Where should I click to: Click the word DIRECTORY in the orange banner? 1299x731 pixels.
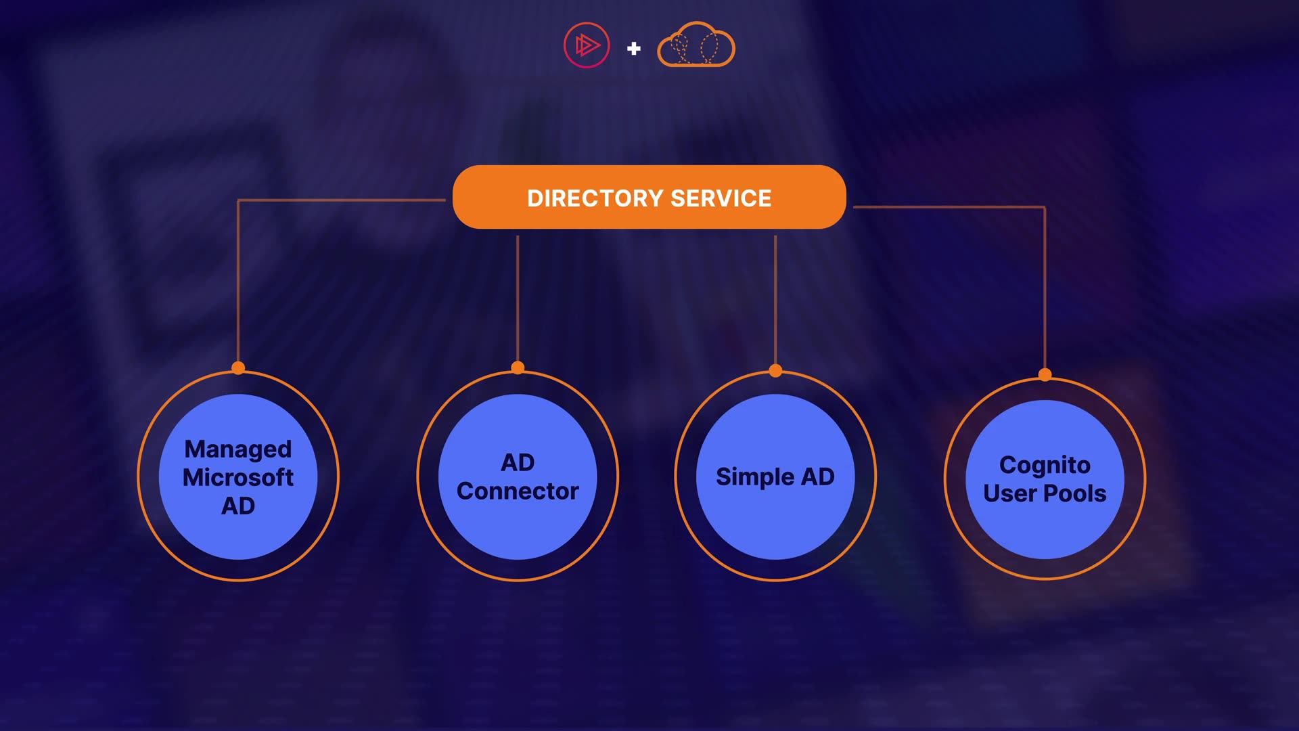(x=595, y=198)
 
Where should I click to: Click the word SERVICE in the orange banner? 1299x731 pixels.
(x=721, y=198)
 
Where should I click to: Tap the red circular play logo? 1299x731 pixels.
(x=587, y=45)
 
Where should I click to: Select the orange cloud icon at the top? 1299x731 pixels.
(x=696, y=45)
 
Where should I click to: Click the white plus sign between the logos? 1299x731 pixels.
(x=634, y=48)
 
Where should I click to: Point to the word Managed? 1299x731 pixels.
(x=238, y=449)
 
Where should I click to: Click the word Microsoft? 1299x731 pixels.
(x=238, y=478)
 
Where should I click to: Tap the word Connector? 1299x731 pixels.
(x=518, y=491)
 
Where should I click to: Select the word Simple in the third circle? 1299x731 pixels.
(x=754, y=477)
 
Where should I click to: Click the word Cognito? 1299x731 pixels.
(x=1045, y=465)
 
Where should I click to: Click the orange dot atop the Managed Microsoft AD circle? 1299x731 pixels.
(x=238, y=368)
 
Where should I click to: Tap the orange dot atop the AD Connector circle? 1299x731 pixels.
(x=518, y=368)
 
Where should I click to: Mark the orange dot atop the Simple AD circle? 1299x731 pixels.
(x=775, y=370)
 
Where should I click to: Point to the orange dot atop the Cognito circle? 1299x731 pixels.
(x=1045, y=374)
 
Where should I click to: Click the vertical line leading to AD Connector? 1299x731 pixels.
(x=518, y=298)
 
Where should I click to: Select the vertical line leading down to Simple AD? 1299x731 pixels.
(x=775, y=298)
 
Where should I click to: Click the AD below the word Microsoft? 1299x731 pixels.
(x=238, y=506)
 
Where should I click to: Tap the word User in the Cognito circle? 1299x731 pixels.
(x=1009, y=493)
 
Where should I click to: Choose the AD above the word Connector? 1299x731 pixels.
(x=518, y=463)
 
